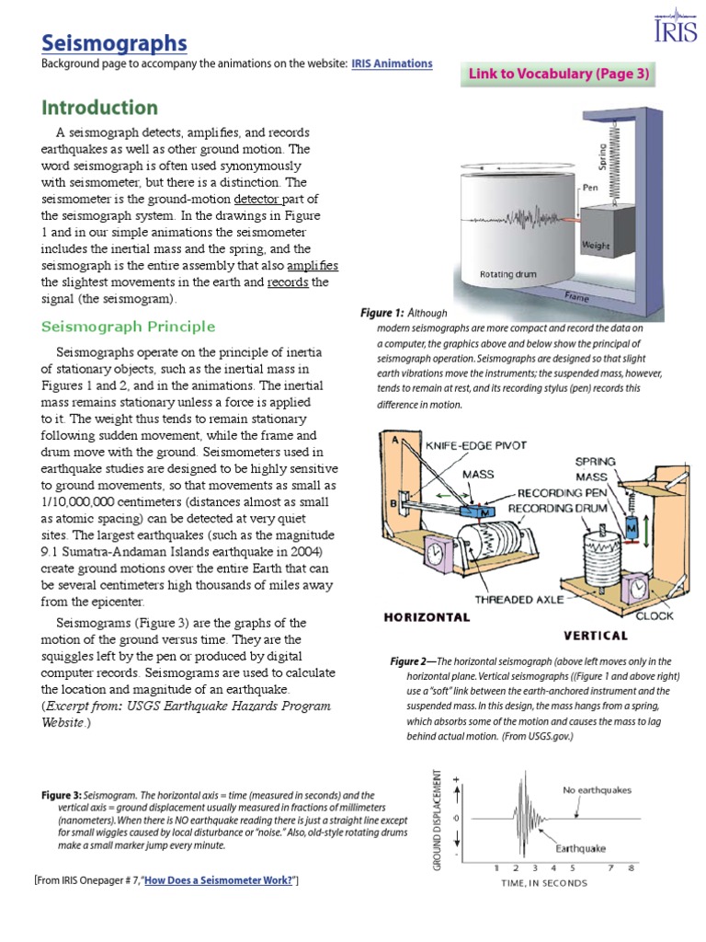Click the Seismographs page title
(x=114, y=42)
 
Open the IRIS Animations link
(x=392, y=63)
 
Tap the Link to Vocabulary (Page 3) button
(x=558, y=75)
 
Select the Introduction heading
(x=98, y=108)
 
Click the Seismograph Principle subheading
(x=129, y=327)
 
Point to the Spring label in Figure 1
(x=602, y=157)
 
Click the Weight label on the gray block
(x=595, y=247)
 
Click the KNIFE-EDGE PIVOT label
(x=475, y=445)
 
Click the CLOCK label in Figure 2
(x=654, y=615)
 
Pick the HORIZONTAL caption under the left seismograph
(x=427, y=617)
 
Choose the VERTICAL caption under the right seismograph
(x=595, y=635)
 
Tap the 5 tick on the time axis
(x=572, y=867)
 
